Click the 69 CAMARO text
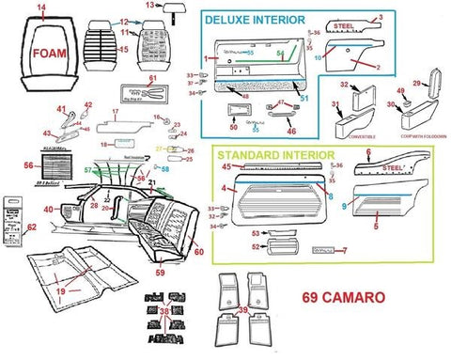pos(342,299)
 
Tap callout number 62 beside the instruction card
pos(32,227)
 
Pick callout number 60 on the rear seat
pos(197,252)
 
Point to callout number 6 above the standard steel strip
pos(368,153)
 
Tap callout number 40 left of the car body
pos(48,209)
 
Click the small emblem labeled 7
pos(324,252)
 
